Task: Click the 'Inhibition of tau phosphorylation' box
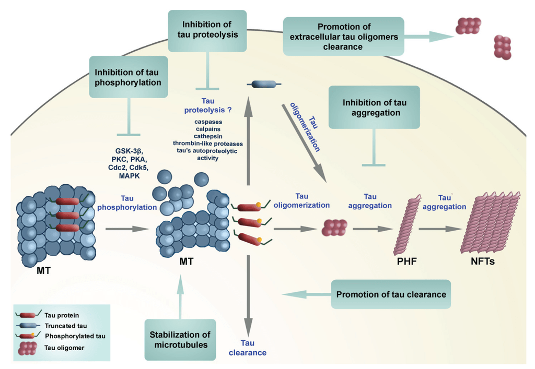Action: pos(129,76)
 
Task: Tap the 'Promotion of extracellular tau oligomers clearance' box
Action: pos(343,36)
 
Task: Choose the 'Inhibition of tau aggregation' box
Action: pos(375,106)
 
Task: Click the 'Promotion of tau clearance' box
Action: pos(391,294)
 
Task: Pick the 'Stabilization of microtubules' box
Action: pos(180,340)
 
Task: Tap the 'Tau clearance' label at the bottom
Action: pos(247,348)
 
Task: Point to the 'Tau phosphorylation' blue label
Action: pos(127,203)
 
